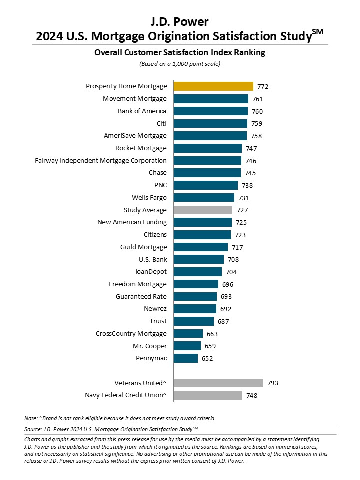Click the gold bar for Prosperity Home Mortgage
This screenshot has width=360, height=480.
[x=213, y=86]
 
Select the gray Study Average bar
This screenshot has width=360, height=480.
[x=203, y=210]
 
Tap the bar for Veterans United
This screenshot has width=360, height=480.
[x=218, y=383]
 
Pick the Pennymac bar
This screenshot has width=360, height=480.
[x=186, y=358]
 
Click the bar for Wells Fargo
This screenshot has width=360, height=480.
[x=204, y=198]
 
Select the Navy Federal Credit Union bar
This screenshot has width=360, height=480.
[x=208, y=395]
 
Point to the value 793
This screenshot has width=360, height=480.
[x=273, y=383]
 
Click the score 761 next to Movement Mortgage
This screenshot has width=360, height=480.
[x=258, y=99]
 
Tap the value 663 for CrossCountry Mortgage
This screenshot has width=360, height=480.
[x=212, y=334]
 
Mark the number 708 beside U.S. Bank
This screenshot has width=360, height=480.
[x=233, y=260]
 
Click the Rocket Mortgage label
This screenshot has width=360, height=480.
[x=141, y=148]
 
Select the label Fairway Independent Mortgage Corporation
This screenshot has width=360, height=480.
[x=101, y=161]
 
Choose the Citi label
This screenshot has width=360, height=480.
[x=162, y=123]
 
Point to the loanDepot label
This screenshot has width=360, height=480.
[x=151, y=272]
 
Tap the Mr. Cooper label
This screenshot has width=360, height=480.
[x=150, y=346]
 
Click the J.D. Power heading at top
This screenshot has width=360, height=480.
[x=179, y=22]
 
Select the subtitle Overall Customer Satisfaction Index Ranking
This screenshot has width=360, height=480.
[x=180, y=52]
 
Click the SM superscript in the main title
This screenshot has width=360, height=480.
[x=318, y=32]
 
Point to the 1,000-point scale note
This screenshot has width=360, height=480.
[x=180, y=64]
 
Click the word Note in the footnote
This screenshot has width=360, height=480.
[x=31, y=418]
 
